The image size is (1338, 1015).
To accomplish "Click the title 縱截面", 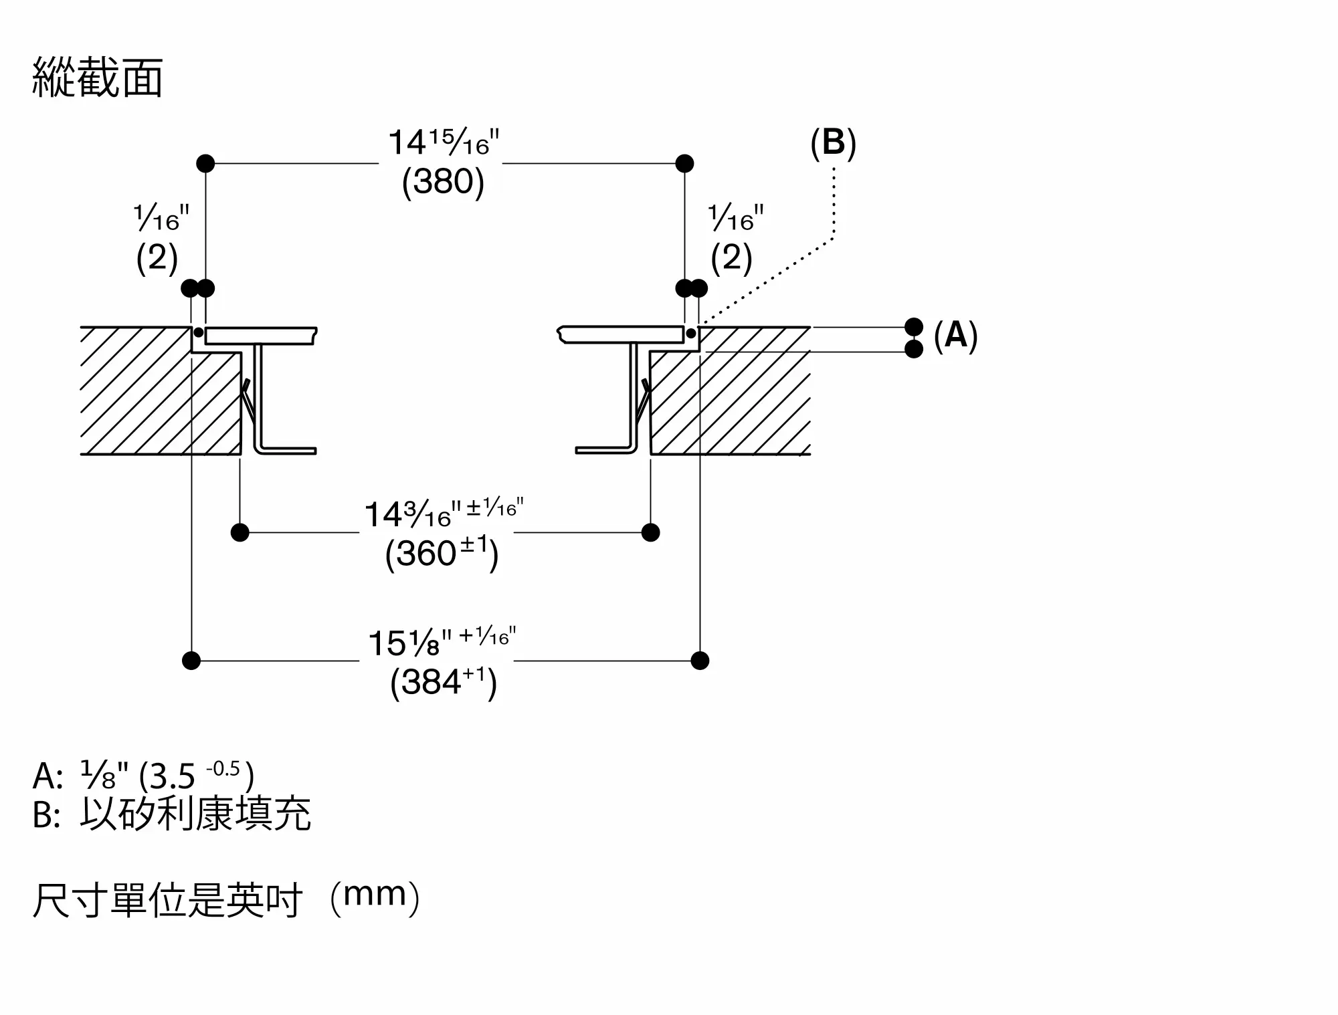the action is point(98,78).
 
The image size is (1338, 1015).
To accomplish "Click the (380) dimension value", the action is point(443,181).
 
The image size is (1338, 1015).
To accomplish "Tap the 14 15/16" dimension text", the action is point(444,142).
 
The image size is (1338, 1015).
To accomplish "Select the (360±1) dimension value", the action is point(442,554).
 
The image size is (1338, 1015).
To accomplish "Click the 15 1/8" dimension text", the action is point(442,641).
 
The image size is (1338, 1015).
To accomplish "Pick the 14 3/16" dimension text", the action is point(444,513).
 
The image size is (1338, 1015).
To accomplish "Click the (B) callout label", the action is point(833,143).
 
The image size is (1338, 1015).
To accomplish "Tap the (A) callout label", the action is point(955,335).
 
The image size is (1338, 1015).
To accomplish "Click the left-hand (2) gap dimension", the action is point(157,257).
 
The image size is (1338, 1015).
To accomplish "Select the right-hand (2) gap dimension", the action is point(731,257).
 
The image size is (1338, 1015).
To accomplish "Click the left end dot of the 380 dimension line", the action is point(205,163).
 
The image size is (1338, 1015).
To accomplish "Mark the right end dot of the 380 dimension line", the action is point(684,163).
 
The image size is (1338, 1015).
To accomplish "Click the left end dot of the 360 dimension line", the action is point(240,533).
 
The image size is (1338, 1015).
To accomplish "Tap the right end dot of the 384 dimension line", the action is point(700,661).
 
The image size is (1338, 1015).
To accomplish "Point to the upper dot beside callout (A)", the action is point(914,327).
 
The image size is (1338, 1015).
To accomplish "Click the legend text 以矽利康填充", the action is point(195,814).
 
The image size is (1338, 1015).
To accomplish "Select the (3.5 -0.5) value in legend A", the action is point(196,776).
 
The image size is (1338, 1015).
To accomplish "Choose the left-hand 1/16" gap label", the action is point(161,217).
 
